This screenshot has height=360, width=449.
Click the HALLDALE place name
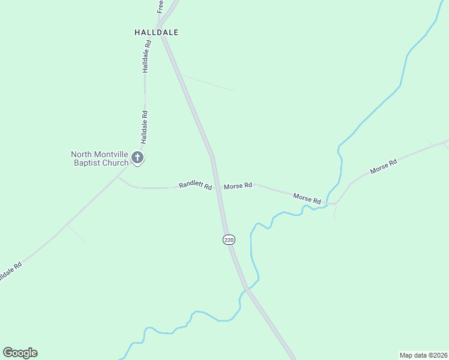(x=157, y=32)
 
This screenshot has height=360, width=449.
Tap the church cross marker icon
(x=137, y=158)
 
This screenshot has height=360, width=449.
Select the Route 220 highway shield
(x=229, y=240)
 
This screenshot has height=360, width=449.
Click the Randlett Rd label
(x=196, y=186)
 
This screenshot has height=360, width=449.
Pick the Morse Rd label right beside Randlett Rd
(x=238, y=186)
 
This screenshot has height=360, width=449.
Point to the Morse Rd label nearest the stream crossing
(x=307, y=197)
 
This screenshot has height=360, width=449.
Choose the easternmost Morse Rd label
(x=384, y=166)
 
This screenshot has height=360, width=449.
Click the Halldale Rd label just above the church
(x=144, y=127)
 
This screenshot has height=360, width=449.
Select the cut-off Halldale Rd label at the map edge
(x=10, y=271)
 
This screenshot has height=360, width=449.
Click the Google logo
(x=20, y=353)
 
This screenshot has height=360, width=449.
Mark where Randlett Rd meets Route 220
(x=218, y=187)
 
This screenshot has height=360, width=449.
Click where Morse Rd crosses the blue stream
(x=329, y=204)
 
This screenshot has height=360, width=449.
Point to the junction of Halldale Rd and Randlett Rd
(x=118, y=178)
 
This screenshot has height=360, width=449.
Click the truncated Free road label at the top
(x=160, y=7)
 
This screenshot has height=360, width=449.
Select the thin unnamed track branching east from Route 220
(x=207, y=83)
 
